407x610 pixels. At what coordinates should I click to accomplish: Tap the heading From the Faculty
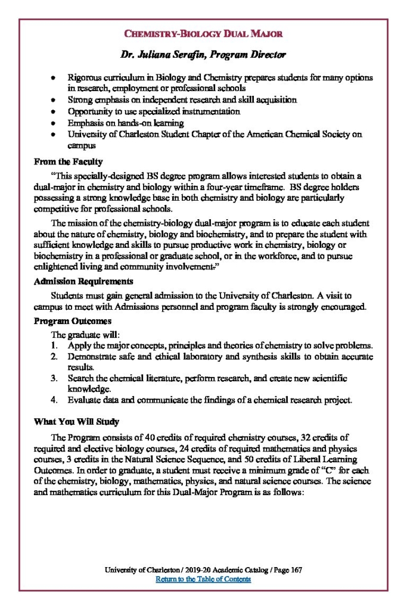pos(68,161)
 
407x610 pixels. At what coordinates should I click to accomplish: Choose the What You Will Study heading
pos(76,422)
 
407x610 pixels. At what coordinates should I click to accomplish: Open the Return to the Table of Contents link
pos(203,579)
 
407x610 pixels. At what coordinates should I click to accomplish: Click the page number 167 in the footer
pos(297,570)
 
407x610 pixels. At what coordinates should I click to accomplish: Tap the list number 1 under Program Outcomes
pos(54,346)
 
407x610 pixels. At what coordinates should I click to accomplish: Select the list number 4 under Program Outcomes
pos(54,400)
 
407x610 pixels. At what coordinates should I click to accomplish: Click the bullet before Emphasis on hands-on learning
pos(54,123)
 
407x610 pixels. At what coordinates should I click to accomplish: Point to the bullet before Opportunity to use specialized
pos(54,111)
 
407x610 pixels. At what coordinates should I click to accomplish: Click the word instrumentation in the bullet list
pos(207,111)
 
